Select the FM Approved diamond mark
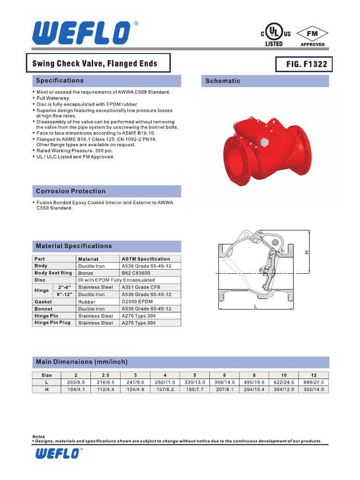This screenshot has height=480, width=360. point(312,35)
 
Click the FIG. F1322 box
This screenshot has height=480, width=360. point(307,64)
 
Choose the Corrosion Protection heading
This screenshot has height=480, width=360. point(71,191)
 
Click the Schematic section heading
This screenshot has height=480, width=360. point(223,81)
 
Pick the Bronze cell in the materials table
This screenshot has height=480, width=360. point(86,273)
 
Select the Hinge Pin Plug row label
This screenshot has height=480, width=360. point(52,323)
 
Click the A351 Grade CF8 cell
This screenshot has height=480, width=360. point(138,287)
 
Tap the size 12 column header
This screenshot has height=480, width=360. point(314,375)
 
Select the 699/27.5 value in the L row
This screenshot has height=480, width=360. point(314,382)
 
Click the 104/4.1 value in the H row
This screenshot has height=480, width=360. point(76,390)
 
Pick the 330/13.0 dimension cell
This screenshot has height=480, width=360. point(195,382)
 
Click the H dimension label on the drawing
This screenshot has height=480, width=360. point(307,252)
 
